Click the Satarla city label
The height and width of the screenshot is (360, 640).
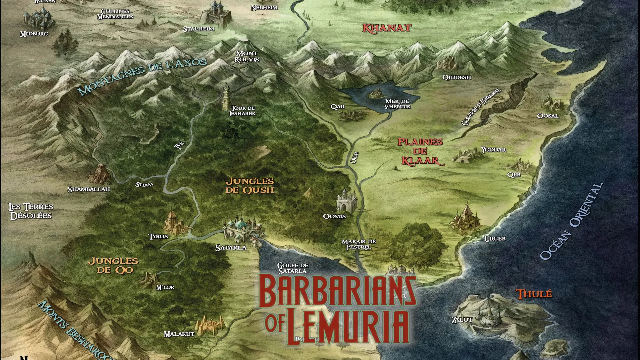pyautogui.click(x=231, y=248)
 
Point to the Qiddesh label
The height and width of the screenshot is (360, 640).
pyautogui.click(x=456, y=77)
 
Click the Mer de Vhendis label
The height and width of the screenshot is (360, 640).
pyautogui.click(x=397, y=104)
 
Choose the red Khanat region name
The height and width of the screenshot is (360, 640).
pyautogui.click(x=387, y=28)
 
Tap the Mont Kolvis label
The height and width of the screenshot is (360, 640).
pyautogui.click(x=247, y=57)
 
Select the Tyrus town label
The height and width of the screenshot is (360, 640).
pyautogui.click(x=158, y=236)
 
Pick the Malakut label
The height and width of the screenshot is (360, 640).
pyautogui.click(x=179, y=334)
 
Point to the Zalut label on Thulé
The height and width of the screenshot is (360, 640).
pyautogui.click(x=462, y=320)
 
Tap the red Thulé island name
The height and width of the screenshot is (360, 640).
pyautogui.click(x=534, y=294)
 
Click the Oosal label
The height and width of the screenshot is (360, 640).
pyautogui.click(x=548, y=116)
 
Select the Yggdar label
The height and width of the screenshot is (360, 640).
pyautogui.click(x=493, y=150)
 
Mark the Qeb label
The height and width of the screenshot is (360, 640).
pyautogui.click(x=514, y=175)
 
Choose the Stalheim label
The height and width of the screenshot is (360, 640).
pyautogui.click(x=198, y=29)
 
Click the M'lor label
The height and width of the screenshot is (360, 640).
pyautogui.click(x=165, y=287)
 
